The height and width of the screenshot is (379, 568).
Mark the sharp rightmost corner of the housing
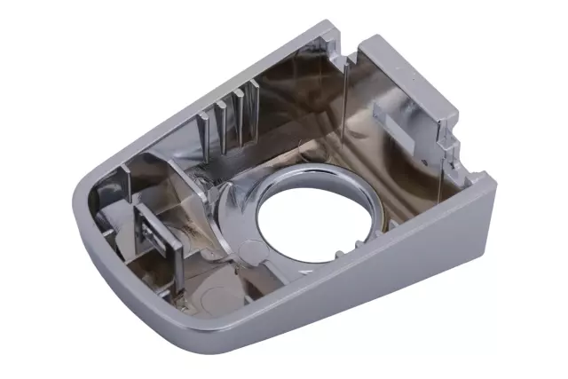point(492,182)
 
